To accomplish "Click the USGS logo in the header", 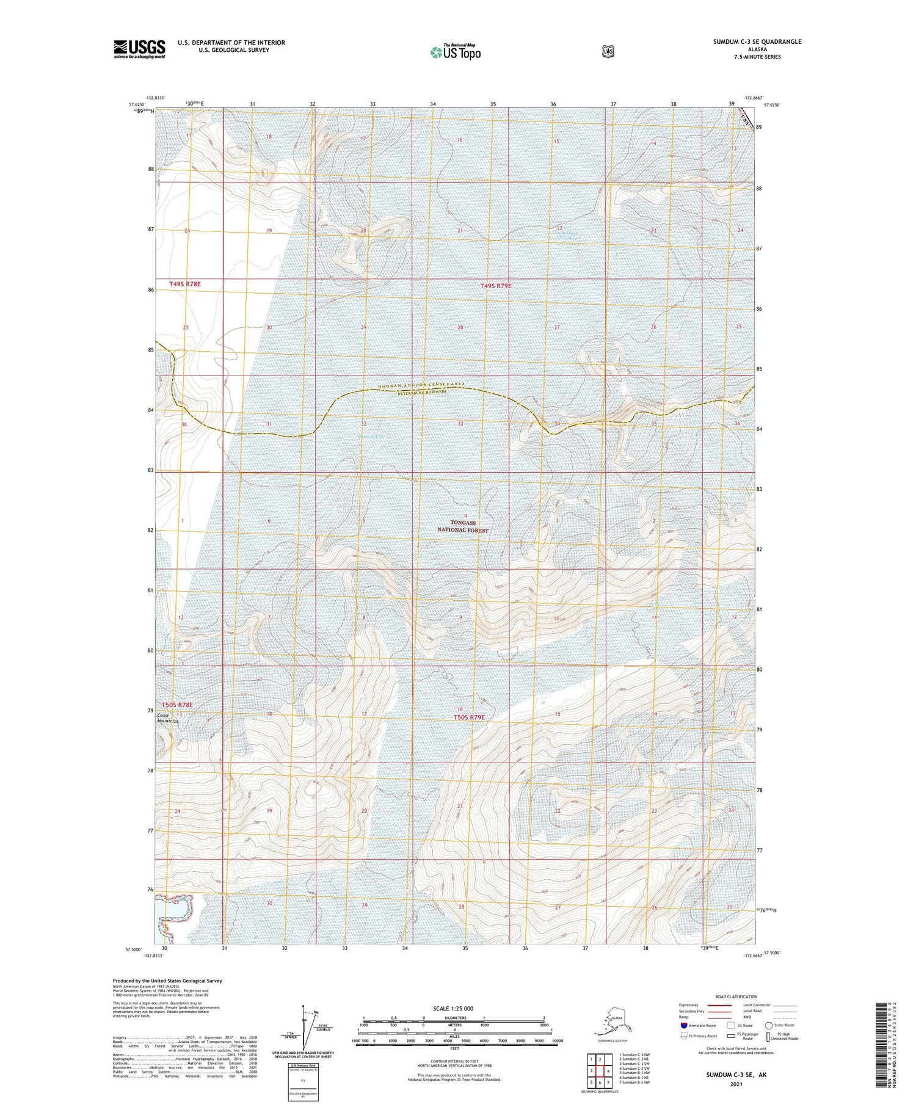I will [139, 49].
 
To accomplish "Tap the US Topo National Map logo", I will [455, 52].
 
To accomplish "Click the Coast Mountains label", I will [168, 718].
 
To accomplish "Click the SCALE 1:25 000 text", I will [453, 1008].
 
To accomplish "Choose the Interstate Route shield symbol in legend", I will [684, 1025].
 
